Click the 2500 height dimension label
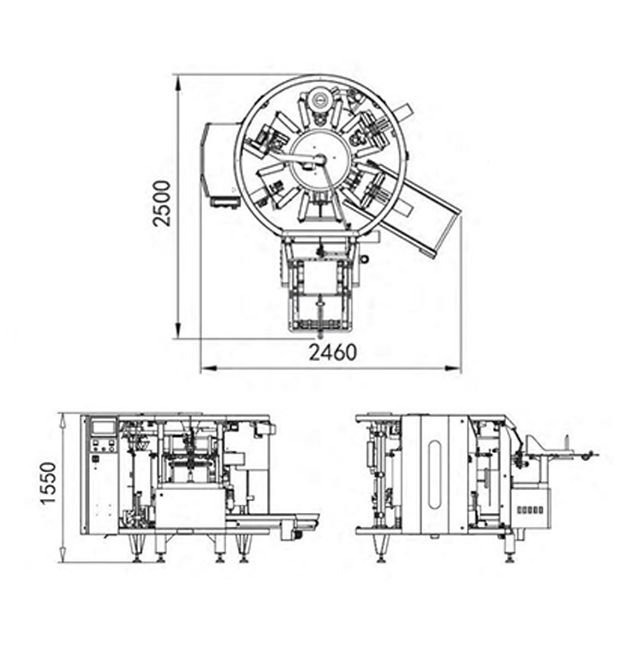(162, 203)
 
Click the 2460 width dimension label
(333, 353)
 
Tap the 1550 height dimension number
(48, 483)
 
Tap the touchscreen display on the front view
(102, 427)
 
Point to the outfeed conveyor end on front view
(301, 525)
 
